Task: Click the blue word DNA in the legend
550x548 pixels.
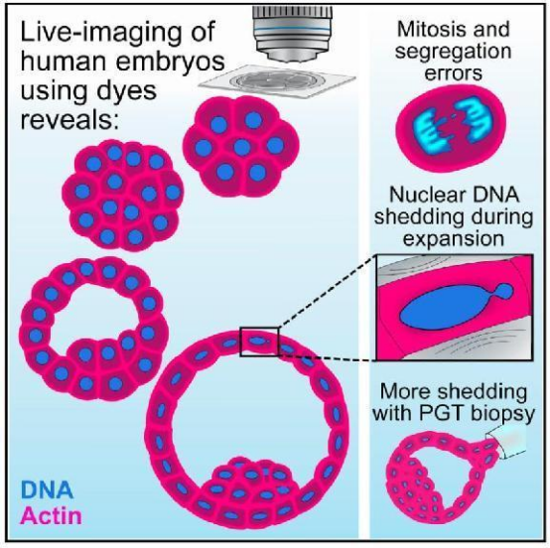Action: click(48, 489)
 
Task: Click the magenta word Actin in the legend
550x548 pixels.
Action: click(52, 516)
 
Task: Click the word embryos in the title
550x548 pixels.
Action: click(172, 61)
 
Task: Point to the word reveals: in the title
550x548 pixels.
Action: click(69, 120)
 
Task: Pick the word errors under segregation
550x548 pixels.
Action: click(454, 73)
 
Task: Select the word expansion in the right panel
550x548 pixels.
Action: click(454, 239)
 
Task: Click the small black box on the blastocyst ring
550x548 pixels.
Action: click(259, 342)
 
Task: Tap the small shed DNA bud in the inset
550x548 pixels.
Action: click(504, 291)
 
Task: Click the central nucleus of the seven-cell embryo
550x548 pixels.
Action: click(242, 147)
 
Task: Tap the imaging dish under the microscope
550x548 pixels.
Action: click(277, 81)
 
